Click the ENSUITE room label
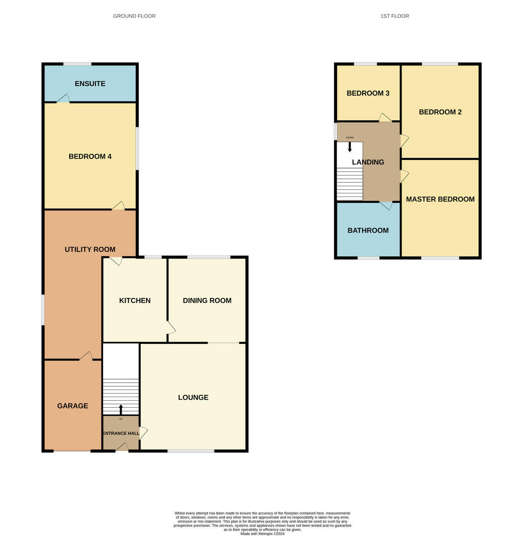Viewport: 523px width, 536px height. coord(90,84)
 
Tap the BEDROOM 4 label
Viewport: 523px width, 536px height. coord(90,156)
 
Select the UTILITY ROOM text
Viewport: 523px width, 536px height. coord(90,249)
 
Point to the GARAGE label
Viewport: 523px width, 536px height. coord(72,406)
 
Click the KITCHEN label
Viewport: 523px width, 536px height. coord(135,300)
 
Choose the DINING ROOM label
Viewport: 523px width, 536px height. coord(207,300)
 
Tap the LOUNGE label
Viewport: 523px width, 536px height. coord(193,397)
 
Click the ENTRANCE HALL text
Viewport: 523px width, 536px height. coord(121,433)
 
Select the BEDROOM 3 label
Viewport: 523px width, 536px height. coord(368,93)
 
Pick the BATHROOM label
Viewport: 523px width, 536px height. coord(368,230)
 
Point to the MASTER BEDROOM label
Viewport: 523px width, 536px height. coord(440,199)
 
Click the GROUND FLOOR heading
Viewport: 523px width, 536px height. coord(134,16)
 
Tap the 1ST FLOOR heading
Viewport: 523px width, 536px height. coord(394,16)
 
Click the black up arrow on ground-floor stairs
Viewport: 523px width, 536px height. coord(121,410)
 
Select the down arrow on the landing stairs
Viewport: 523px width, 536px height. coord(350,147)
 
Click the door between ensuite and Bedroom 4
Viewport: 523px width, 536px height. coord(63,98)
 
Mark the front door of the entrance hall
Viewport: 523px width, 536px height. coord(122,447)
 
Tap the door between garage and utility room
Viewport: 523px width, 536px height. coord(86,356)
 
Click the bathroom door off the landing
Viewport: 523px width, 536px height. coord(386,205)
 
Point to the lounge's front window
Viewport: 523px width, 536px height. coord(191,451)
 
